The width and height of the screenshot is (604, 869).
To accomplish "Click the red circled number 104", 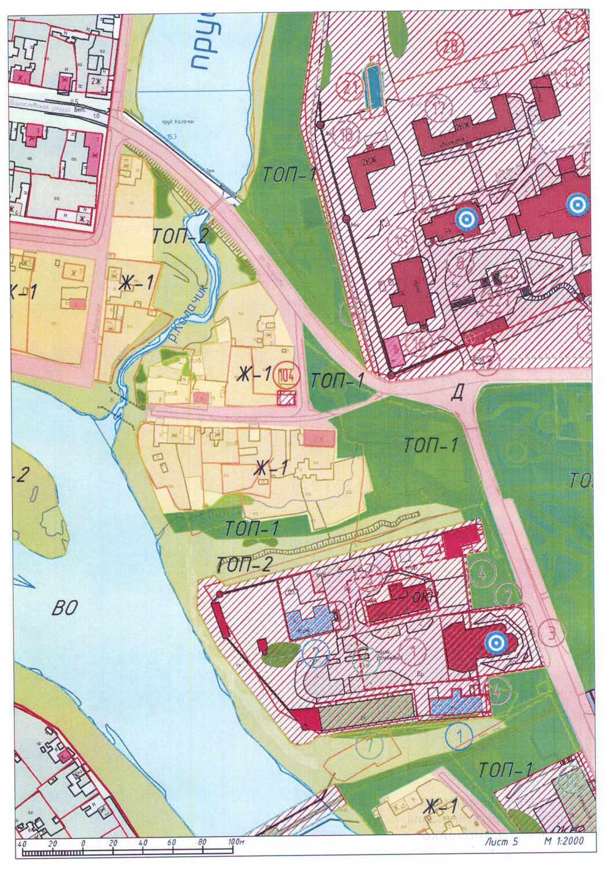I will coord(286,374).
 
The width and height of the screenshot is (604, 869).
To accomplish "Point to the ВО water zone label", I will coord(64,608).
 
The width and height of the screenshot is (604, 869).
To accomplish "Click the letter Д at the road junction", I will coord(457,394).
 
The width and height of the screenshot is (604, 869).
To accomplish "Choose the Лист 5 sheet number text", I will coord(501,841).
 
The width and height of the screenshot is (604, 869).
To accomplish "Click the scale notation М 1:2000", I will coord(563,840).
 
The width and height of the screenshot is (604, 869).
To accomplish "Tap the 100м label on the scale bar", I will coord(236,842).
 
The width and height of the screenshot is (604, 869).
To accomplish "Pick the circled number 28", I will coord(450,46).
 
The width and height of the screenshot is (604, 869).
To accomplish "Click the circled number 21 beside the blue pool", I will coord(350,88).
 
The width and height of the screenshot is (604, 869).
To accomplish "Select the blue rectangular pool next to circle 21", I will coord(373,85).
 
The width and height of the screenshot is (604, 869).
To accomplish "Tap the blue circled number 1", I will coord(459,737).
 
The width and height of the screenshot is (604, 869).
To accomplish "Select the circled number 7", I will coord(370,745).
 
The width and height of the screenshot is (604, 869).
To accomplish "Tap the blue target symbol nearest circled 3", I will coord(495,643).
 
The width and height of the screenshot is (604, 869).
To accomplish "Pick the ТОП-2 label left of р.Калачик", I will coord(180,236).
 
